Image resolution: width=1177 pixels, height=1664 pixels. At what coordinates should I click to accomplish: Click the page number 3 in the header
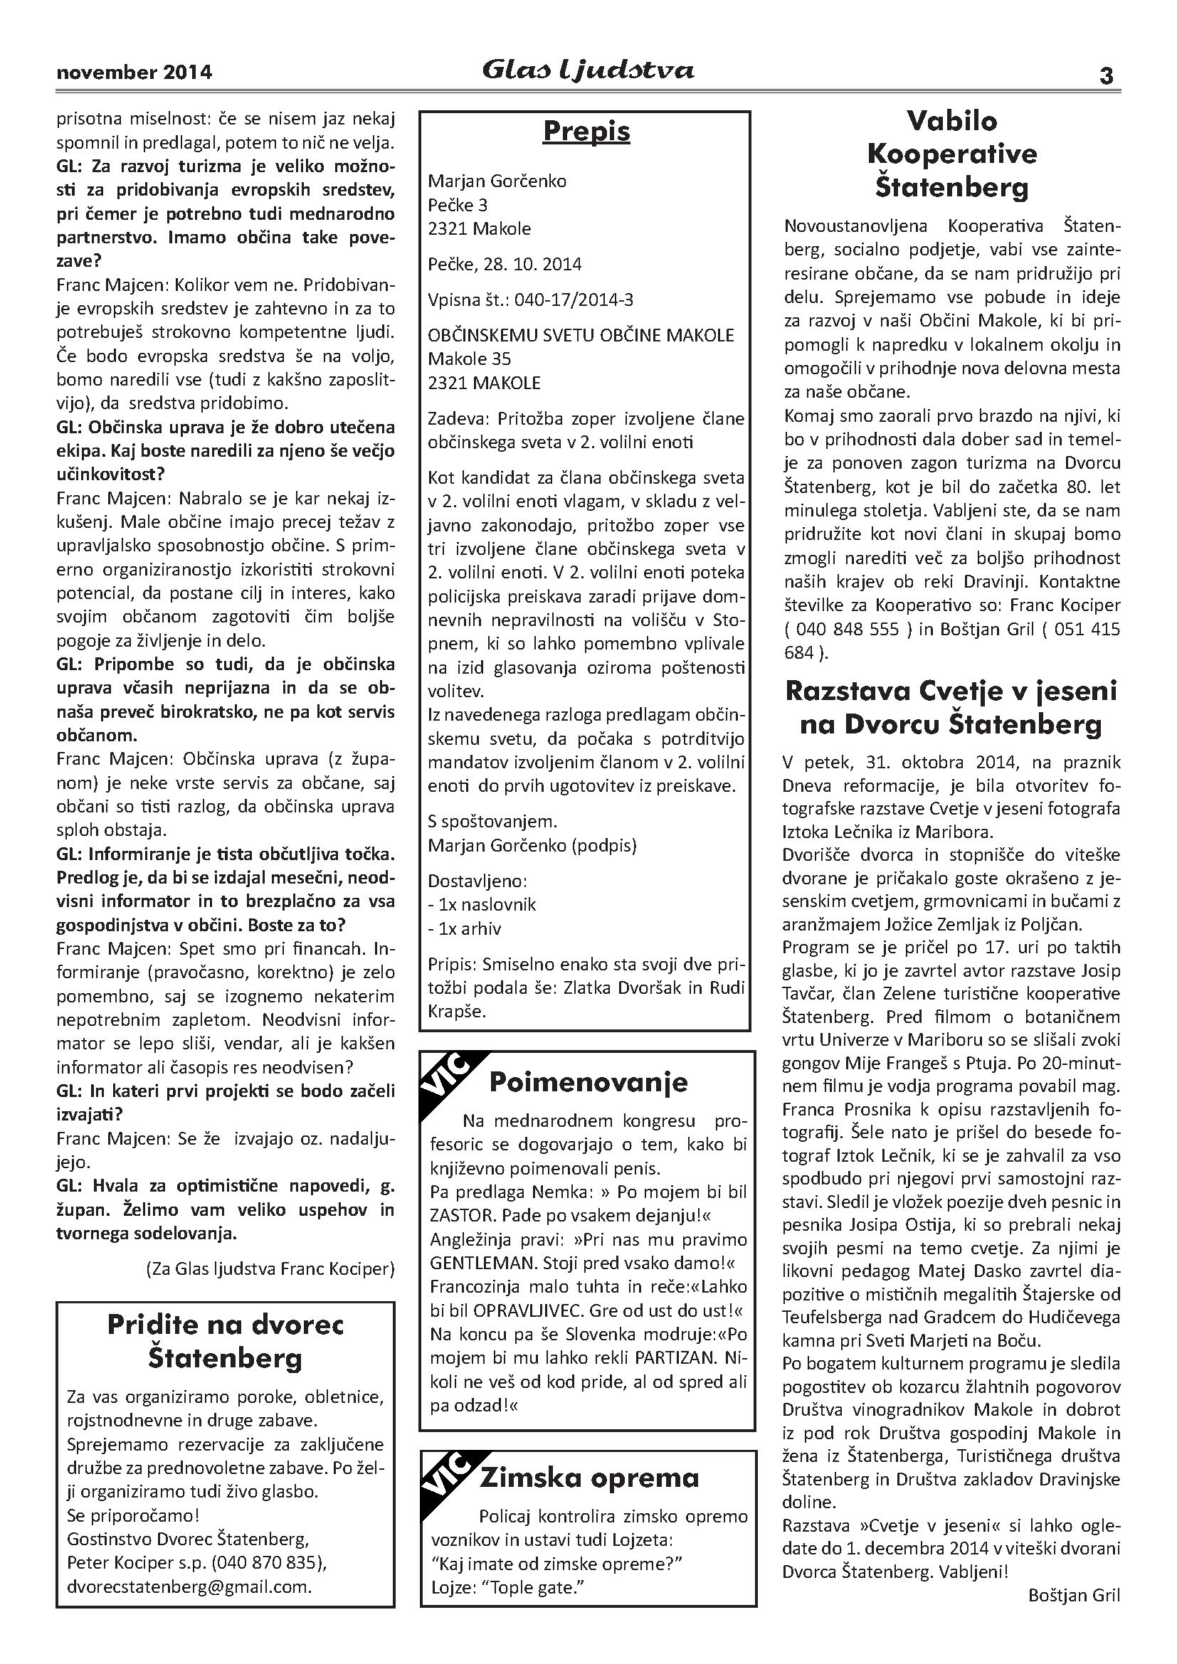pyautogui.click(x=1106, y=75)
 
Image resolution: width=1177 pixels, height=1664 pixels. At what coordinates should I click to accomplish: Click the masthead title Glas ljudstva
pyautogui.click(x=588, y=70)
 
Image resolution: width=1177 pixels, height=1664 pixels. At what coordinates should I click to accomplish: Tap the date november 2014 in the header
pyautogui.click(x=134, y=73)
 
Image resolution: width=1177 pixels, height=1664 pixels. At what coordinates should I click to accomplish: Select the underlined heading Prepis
pyautogui.click(x=586, y=131)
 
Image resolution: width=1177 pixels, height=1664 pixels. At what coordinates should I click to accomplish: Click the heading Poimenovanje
pyautogui.click(x=588, y=1082)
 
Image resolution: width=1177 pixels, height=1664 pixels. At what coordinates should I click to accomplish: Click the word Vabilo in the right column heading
pyautogui.click(x=951, y=120)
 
